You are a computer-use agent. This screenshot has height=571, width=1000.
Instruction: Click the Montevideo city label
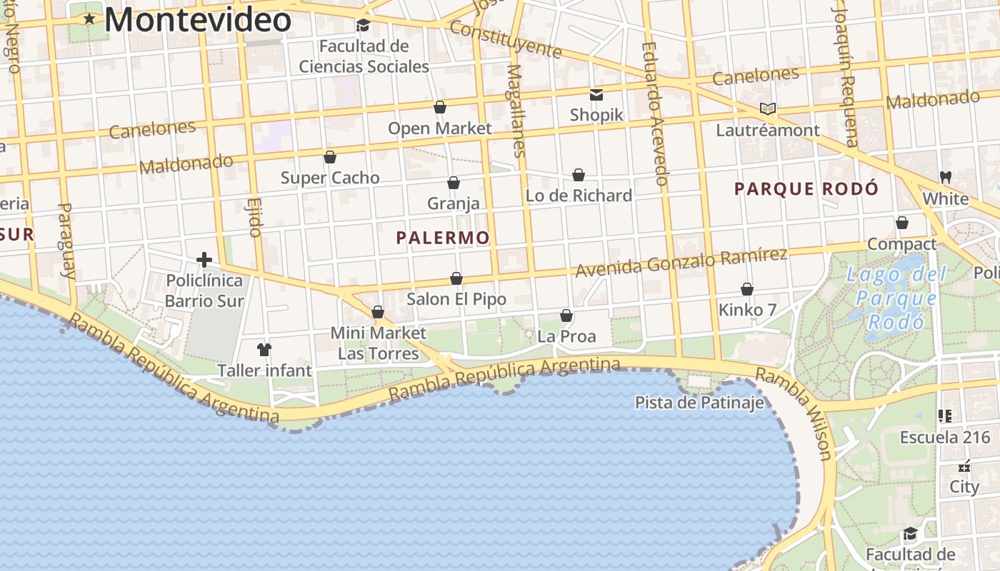point(198,19)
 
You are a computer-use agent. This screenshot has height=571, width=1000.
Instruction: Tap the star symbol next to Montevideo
point(89,19)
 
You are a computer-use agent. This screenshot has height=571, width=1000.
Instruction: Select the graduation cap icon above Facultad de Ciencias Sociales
point(363,26)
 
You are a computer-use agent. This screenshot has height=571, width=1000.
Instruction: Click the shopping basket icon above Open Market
point(440,107)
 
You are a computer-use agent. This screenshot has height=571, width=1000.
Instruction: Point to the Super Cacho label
point(330,178)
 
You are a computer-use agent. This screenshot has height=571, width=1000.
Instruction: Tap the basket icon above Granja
point(453,183)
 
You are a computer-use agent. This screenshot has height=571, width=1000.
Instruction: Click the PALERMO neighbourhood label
point(443,238)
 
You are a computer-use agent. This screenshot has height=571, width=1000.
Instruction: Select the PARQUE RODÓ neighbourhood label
point(806,189)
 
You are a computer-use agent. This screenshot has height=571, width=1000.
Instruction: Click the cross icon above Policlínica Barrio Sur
point(204,260)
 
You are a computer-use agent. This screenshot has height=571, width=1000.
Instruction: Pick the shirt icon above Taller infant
point(264,350)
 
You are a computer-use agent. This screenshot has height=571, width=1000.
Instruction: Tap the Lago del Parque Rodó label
point(896,298)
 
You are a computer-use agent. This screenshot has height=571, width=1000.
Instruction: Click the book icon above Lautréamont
point(768,109)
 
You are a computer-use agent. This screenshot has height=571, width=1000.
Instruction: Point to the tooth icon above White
point(945,177)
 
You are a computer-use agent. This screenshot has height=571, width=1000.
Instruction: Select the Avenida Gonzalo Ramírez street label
point(681,263)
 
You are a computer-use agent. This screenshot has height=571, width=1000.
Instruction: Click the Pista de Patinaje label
point(699,403)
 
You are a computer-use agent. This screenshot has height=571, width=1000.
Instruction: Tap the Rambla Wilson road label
point(794,413)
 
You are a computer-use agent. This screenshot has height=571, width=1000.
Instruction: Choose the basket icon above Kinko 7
point(747,289)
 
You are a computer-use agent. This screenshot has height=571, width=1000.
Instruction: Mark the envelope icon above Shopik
point(596,94)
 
